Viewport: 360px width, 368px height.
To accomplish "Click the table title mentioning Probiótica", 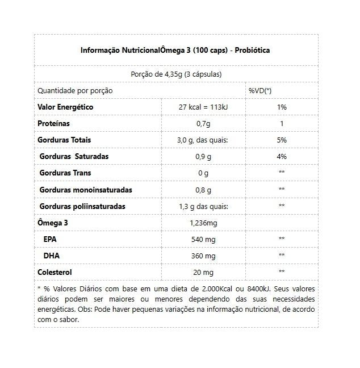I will [175, 50].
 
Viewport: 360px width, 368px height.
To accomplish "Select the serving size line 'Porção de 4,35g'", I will [175, 74].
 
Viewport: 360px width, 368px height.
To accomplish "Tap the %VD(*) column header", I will [260, 91].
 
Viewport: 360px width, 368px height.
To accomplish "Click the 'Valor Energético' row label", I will [65, 107].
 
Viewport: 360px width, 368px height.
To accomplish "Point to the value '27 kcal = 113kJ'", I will [203, 107].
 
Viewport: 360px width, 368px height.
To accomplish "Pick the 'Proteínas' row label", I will [54, 123].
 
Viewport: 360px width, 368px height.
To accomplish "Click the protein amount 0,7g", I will [203, 124].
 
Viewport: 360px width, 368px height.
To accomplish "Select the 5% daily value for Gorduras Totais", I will [282, 140].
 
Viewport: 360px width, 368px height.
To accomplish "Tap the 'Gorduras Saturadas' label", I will [74, 156].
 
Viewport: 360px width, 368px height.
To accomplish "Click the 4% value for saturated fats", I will [282, 156].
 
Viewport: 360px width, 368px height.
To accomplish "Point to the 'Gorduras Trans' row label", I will [65, 173].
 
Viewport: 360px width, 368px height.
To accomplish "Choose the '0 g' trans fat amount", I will [203, 173].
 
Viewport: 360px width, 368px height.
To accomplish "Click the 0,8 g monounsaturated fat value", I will [203, 190].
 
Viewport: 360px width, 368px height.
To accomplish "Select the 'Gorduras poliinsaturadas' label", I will [82, 206].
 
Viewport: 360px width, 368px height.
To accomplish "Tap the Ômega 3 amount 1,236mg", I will [203, 223].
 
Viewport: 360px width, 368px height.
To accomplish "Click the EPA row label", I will [50, 239].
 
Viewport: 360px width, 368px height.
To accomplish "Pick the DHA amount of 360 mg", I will [203, 256].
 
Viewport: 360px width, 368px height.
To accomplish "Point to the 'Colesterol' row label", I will [55, 272].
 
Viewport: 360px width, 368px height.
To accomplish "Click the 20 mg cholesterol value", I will [203, 273].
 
